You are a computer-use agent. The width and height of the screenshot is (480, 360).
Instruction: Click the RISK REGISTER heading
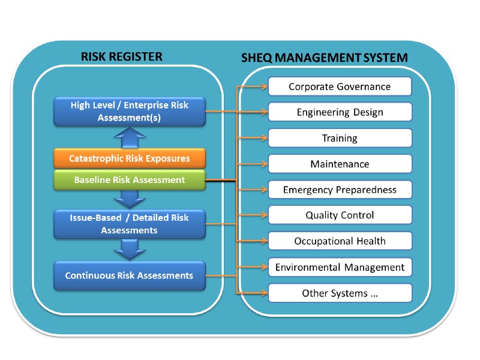click(121, 57)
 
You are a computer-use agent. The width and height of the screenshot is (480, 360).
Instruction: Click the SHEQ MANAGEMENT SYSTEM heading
click(325, 58)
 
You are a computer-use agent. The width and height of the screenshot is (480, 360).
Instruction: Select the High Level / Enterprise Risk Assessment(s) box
click(130, 112)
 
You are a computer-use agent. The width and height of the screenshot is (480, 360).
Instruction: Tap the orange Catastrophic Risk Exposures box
click(130, 159)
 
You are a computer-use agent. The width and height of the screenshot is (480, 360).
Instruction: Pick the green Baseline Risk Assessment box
click(130, 179)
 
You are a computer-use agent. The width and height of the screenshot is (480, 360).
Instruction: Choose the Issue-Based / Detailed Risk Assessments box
click(130, 223)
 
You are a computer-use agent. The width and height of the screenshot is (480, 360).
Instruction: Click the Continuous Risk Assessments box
click(130, 275)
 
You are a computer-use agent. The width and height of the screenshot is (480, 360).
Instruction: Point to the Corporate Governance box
click(340, 86)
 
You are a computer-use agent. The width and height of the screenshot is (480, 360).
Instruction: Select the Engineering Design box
click(340, 112)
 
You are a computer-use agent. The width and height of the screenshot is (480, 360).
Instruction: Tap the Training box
click(340, 138)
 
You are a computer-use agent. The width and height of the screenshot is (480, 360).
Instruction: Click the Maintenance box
click(340, 164)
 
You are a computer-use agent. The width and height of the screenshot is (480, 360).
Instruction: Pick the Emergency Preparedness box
click(340, 190)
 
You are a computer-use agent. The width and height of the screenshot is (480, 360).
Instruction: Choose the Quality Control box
click(340, 215)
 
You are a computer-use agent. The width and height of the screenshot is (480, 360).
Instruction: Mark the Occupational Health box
click(340, 241)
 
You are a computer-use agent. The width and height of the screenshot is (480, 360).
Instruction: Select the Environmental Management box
click(340, 267)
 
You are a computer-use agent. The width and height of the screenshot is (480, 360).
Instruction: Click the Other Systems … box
click(340, 293)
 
